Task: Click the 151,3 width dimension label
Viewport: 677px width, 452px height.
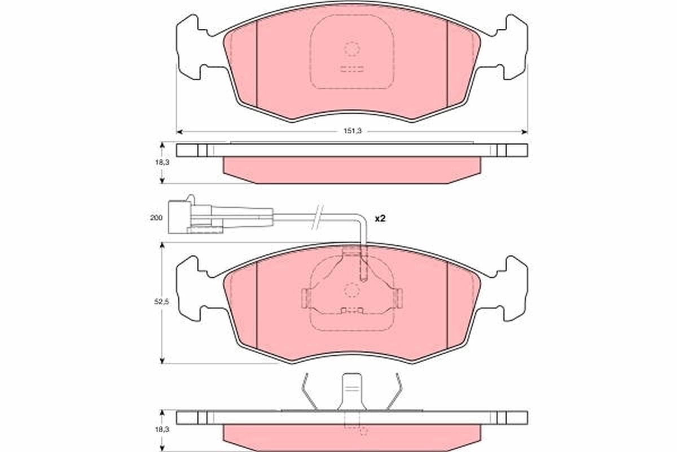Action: coord(353,131)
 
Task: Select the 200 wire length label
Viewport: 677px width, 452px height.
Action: coord(156,218)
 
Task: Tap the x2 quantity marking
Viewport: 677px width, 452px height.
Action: coord(380,218)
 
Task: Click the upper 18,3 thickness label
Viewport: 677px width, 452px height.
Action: coord(162,162)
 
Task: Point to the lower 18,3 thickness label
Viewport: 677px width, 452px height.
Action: coord(162,429)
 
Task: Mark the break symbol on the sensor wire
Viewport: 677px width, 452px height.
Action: coord(317,217)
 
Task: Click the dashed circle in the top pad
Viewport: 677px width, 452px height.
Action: coord(352,49)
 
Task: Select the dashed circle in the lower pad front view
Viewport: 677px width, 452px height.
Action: coord(352,290)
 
